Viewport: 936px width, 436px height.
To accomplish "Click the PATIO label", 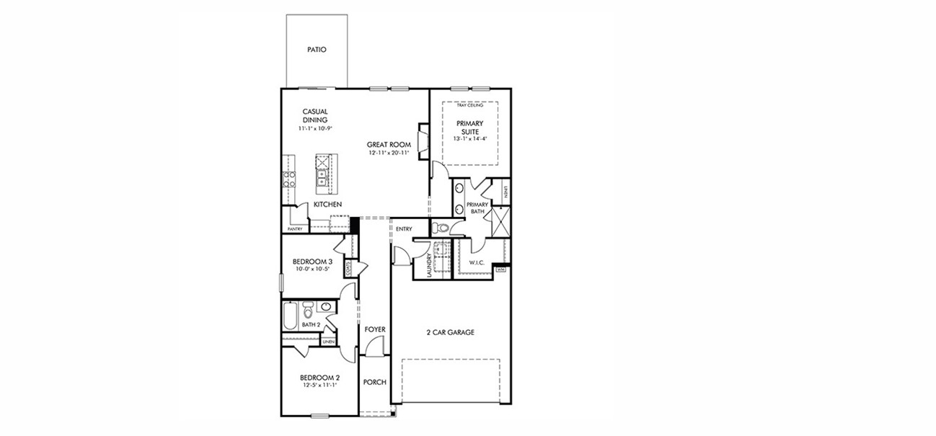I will tap(317, 50).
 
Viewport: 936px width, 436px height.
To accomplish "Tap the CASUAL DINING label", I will tap(315, 116).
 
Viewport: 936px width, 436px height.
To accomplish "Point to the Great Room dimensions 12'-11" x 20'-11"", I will tap(389, 154).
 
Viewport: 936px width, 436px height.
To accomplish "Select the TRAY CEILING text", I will tap(469, 106).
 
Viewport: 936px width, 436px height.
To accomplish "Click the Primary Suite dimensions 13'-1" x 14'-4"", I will tap(469, 138).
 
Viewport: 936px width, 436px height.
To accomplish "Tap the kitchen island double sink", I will tap(322, 172).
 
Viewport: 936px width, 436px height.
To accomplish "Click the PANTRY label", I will tap(294, 229).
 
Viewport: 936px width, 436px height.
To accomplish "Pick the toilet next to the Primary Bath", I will tap(441, 228).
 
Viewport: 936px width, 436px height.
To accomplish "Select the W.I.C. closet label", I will tap(477, 262).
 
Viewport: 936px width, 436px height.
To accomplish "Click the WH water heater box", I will tap(500, 270).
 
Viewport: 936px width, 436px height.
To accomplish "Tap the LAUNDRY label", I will tap(428, 264).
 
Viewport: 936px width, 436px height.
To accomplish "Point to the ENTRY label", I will tap(404, 229).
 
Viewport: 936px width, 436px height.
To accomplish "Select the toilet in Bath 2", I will tap(309, 311).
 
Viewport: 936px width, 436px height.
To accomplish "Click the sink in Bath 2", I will tap(326, 308).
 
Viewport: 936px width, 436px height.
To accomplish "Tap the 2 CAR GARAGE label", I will tap(450, 332).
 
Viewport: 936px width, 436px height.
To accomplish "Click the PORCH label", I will tap(374, 382).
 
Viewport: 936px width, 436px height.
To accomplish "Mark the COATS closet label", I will tap(349, 269).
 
